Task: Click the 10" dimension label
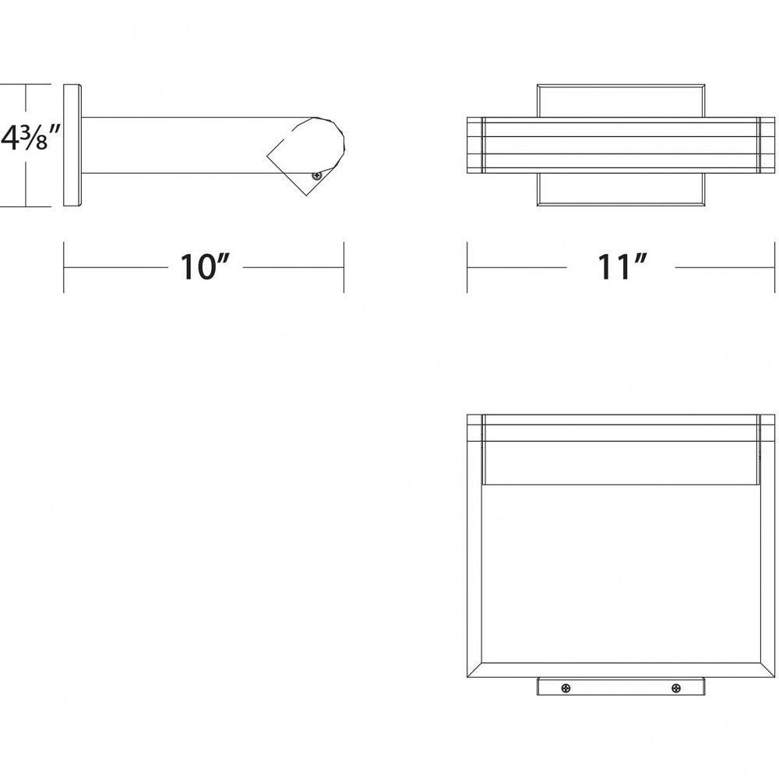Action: (205, 267)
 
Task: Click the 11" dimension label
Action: (622, 267)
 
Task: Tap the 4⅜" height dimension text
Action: (31, 138)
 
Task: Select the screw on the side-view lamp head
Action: (315, 175)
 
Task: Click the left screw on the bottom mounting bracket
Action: (566, 688)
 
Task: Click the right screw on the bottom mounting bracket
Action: (675, 688)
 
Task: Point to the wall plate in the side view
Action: (72, 145)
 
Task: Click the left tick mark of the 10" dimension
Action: (64, 267)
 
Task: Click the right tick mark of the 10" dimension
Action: (344, 267)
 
